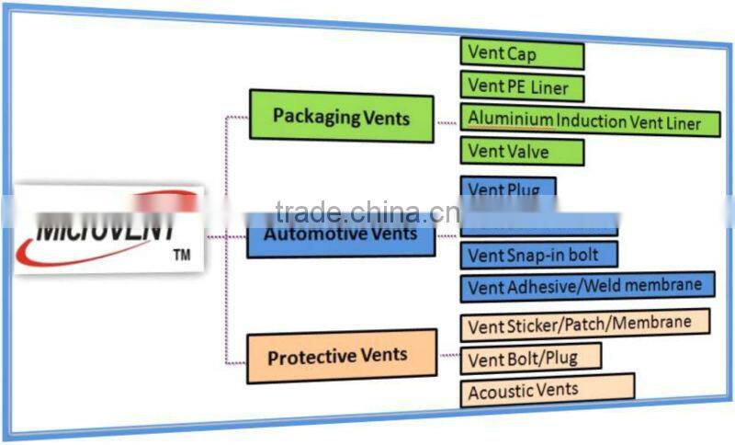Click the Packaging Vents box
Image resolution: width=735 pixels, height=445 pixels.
click(341, 117)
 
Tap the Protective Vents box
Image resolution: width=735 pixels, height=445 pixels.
click(341, 356)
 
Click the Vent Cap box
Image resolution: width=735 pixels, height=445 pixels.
click(521, 54)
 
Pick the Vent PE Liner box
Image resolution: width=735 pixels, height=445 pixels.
click(521, 87)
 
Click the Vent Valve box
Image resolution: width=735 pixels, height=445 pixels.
click(522, 151)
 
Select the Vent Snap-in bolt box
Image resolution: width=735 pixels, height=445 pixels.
click(538, 255)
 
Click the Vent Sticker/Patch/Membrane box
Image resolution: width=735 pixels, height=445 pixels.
click(585, 325)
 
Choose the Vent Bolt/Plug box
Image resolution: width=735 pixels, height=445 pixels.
click(530, 358)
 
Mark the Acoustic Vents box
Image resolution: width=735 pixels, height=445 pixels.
click(547, 390)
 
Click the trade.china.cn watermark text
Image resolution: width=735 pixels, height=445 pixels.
click(367, 212)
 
